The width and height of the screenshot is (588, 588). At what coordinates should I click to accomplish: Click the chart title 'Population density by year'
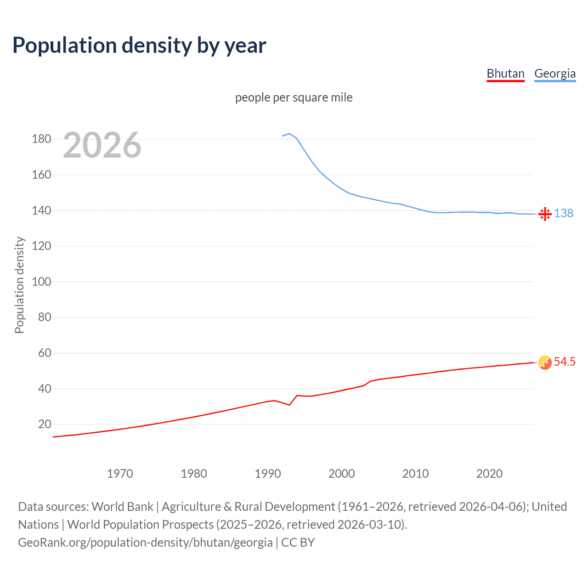139,45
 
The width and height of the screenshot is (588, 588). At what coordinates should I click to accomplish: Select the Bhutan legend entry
505,73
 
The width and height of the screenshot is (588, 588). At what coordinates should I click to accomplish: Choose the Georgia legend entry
554,73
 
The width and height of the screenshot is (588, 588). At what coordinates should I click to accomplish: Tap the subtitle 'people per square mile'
294,97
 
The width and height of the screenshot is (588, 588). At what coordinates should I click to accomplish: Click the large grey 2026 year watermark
102,145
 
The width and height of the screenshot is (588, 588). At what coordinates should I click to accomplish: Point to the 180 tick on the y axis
41,139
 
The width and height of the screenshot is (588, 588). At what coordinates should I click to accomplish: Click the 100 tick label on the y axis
41,282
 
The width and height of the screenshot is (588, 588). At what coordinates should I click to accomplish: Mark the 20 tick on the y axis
45,424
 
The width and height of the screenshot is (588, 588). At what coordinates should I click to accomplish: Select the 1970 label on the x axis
120,474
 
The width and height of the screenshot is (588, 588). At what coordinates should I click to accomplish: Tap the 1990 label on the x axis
268,474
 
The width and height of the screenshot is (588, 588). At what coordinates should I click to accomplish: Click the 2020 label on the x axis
489,474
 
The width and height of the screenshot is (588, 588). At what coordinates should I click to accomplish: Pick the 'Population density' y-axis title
19,285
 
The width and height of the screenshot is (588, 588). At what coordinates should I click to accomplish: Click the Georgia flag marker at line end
545,214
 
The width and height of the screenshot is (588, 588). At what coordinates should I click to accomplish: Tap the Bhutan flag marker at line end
545,362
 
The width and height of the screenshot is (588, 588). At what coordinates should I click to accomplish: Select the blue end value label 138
564,213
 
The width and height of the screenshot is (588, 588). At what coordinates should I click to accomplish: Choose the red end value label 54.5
565,362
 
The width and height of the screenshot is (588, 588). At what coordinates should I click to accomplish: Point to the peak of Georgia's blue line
289,134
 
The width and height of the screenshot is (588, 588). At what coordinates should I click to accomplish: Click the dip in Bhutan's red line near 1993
289,405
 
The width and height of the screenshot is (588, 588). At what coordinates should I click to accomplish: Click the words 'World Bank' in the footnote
122,506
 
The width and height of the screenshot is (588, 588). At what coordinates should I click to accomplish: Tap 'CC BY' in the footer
298,542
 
